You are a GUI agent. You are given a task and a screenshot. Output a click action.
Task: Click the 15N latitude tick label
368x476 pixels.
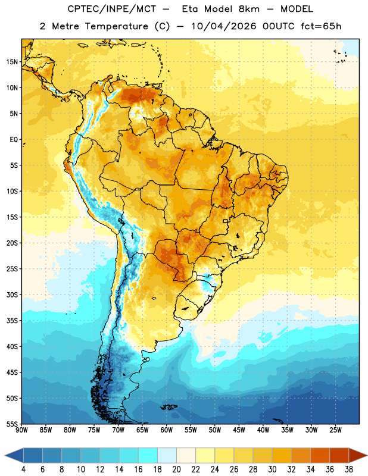pos(12,62)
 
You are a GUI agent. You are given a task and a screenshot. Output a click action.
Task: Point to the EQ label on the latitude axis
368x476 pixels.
pos(14,140)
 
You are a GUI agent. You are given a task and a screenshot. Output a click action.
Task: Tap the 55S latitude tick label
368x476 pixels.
pos(12,424)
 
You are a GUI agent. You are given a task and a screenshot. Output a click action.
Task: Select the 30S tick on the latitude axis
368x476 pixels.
pos(12,295)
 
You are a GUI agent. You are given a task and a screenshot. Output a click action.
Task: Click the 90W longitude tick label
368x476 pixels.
pos(21,430)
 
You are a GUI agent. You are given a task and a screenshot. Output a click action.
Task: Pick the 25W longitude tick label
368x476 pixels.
pos(335,430)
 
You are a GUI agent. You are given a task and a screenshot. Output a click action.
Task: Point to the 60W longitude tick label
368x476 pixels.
pos(167,430)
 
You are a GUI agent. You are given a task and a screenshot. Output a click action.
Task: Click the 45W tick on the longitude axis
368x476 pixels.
pos(239,430)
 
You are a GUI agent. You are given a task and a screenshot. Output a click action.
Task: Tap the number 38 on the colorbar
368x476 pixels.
pos(349,469)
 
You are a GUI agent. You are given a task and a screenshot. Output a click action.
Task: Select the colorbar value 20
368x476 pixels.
pos(176,469)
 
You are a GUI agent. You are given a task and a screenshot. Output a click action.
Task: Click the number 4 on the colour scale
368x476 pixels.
pos(23,469)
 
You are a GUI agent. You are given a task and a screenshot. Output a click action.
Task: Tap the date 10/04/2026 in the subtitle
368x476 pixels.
pos(224,26)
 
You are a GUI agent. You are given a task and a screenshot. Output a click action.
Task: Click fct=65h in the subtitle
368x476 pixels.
pos(321,26)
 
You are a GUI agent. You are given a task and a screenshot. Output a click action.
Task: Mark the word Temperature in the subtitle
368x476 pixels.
pos(116,26)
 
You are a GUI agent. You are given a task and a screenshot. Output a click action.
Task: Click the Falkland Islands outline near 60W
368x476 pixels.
pos(169,407)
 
